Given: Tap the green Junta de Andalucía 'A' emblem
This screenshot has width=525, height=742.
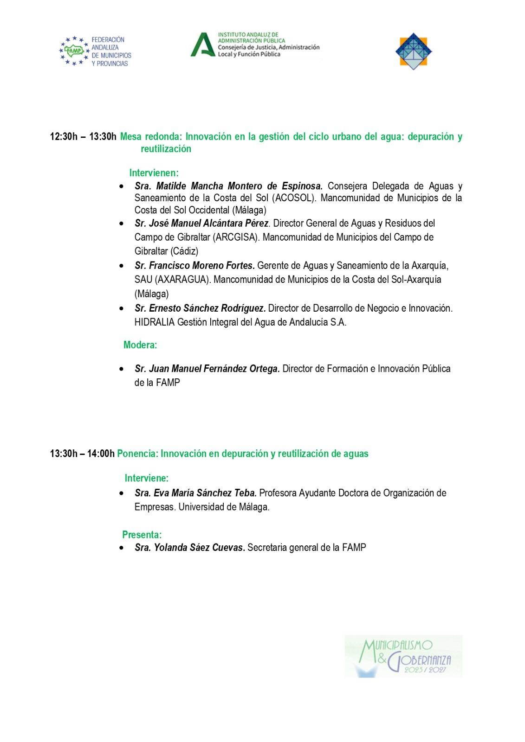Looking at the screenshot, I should (202, 45).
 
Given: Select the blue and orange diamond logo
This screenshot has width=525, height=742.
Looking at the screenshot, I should (414, 51).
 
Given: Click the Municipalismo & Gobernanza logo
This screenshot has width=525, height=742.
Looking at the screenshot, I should (403, 656).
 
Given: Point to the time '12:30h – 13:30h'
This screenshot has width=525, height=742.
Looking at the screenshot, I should (83, 137).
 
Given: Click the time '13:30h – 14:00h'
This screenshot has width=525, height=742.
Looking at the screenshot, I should (82, 454).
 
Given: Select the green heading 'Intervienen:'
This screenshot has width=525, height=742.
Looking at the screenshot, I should (154, 173).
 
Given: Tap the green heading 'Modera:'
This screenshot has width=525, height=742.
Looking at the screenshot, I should (140, 345).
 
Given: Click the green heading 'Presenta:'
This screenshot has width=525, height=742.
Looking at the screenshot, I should (142, 535).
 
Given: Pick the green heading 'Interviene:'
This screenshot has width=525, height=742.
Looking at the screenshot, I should (146, 478).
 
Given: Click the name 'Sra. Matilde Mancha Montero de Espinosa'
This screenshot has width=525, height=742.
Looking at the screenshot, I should (228, 186).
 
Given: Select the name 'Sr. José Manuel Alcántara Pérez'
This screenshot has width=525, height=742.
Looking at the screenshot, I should (201, 224).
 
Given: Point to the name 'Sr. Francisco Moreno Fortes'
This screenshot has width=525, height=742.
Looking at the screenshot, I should (194, 266).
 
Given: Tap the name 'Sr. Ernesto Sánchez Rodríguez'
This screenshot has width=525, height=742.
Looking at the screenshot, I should (200, 308).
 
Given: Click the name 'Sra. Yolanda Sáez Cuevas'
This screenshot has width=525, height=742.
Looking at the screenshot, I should (190, 548).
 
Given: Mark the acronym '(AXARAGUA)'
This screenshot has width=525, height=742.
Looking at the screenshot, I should (183, 280).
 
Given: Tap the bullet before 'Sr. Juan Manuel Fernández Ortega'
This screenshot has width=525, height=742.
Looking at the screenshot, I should (122, 369).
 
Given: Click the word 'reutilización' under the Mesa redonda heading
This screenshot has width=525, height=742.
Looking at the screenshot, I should (166, 149).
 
